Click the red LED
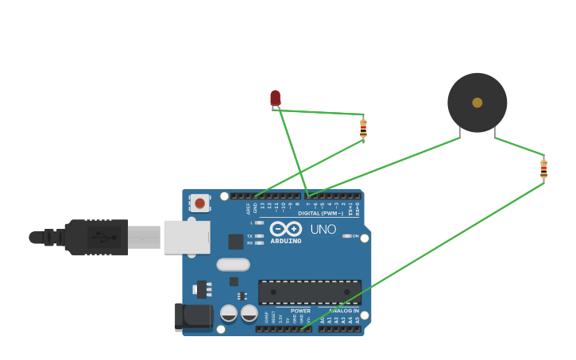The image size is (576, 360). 275,98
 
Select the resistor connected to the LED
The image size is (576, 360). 363,129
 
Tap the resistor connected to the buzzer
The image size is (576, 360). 543,169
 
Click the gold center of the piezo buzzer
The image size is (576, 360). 477,103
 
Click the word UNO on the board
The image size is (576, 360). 323,230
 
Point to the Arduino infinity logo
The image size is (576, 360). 286,228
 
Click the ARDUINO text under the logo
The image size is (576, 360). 286,241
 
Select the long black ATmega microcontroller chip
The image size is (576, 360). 310,292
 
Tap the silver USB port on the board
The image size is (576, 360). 187,237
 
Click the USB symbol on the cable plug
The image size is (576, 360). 102,237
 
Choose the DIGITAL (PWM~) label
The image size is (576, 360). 321,213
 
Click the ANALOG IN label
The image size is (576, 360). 344,311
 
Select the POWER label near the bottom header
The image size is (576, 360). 300,311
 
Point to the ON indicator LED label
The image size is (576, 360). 354,236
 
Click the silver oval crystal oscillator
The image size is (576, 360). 233,265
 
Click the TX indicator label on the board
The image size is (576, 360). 250,236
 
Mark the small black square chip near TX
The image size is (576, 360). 236,242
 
